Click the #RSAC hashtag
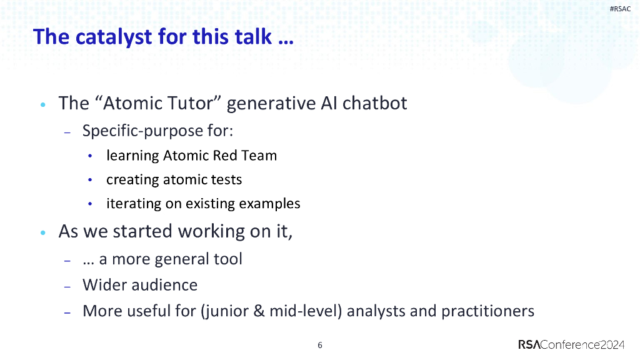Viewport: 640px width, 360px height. click(x=620, y=9)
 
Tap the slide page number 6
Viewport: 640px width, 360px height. click(x=320, y=345)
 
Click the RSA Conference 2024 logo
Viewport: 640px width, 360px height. click(x=571, y=344)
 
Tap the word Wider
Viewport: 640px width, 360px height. click(x=103, y=285)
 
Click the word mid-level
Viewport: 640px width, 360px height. click(x=304, y=311)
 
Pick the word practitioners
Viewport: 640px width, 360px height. click(x=487, y=311)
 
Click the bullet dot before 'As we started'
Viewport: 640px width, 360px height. click(x=42, y=232)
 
